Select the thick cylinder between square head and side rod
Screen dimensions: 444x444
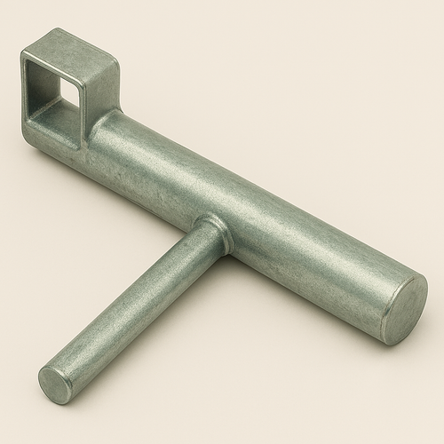(x=160, y=169)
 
